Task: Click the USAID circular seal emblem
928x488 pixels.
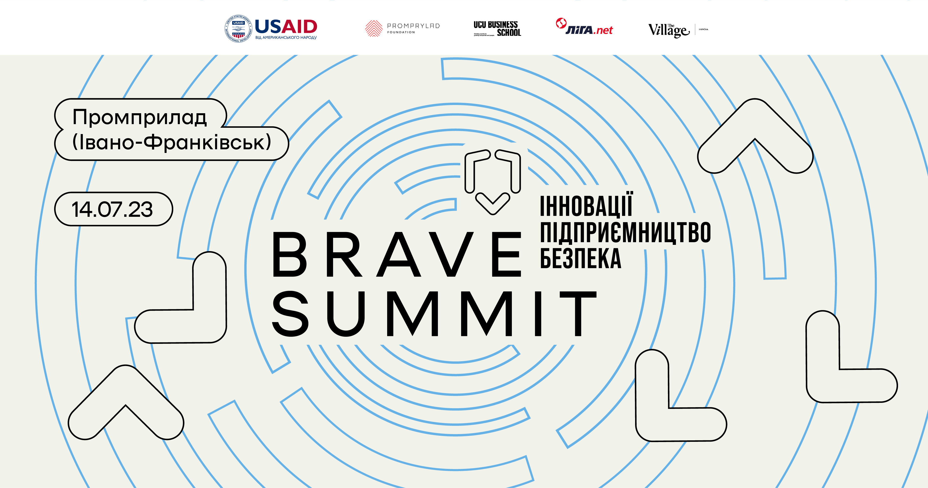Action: pyautogui.click(x=238, y=29)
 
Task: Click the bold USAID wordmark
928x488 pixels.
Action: pyautogui.click(x=286, y=27)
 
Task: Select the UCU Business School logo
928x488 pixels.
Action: pyautogui.click(x=497, y=29)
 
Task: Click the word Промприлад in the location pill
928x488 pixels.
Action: pyautogui.click(x=139, y=117)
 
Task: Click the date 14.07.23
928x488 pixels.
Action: pyautogui.click(x=112, y=210)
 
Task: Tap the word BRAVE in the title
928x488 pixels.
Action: pyautogui.click(x=396, y=255)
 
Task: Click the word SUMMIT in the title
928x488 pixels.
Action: pyautogui.click(x=434, y=314)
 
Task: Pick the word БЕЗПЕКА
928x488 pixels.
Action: pyautogui.click(x=580, y=259)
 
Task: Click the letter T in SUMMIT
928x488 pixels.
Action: pyautogui.click(x=578, y=314)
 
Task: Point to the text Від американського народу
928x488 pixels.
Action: pyautogui.click(x=286, y=38)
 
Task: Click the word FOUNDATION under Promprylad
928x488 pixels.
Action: pyautogui.click(x=401, y=32)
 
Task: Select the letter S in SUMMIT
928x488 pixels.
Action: pyautogui.click(x=290, y=314)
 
